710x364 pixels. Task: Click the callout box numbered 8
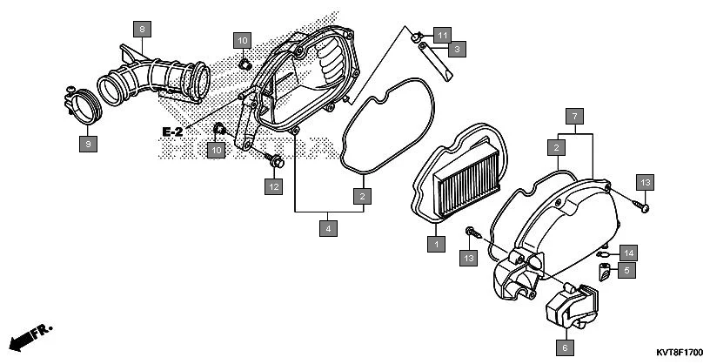(x=142, y=29)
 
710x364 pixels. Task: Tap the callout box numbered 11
(x=443, y=35)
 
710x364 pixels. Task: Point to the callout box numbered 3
(x=455, y=50)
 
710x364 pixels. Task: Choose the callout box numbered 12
(x=274, y=185)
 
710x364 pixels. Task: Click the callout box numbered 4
(x=327, y=229)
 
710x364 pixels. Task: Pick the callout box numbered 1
(x=433, y=244)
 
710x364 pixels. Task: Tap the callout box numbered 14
(x=628, y=253)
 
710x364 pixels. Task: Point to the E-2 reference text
(x=172, y=131)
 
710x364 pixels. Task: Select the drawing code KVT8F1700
(x=674, y=353)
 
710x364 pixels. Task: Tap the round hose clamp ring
(x=86, y=105)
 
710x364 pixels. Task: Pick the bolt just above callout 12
(x=275, y=160)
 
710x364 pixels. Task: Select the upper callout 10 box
(x=242, y=41)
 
